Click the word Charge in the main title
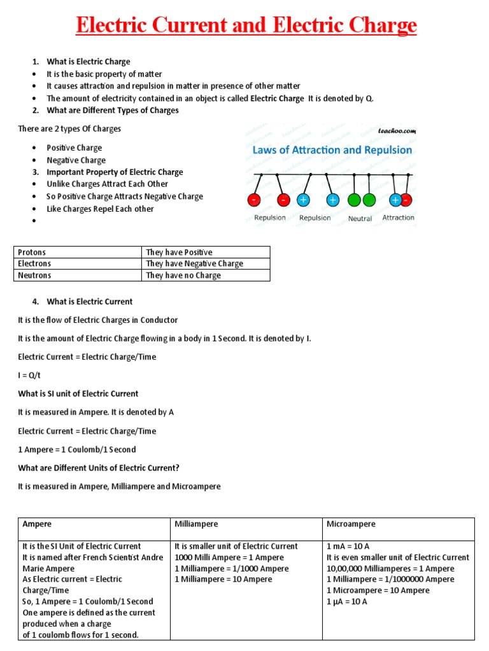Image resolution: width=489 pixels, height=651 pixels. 380,26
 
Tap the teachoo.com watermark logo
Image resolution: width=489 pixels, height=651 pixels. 397,130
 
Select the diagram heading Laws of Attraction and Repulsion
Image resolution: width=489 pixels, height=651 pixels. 332,151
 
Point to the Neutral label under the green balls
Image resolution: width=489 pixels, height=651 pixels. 360,219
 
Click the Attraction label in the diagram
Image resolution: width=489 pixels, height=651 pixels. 398,218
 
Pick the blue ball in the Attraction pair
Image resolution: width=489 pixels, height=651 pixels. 395,200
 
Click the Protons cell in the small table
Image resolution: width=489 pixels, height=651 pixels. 32,252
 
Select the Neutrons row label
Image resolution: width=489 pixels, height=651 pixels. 34,276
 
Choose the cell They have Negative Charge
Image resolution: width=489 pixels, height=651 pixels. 194,264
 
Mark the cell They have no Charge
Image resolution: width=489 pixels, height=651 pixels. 183,276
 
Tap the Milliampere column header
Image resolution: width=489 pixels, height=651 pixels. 196,524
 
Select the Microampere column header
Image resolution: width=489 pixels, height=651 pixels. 351,524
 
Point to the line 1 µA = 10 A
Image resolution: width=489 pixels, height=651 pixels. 347,602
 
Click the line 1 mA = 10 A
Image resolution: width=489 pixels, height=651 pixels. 347,547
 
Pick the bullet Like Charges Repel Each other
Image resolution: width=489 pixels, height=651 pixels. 100,209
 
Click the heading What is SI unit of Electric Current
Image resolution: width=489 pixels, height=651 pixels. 78,394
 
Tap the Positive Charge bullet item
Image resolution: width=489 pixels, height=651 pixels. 74,148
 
